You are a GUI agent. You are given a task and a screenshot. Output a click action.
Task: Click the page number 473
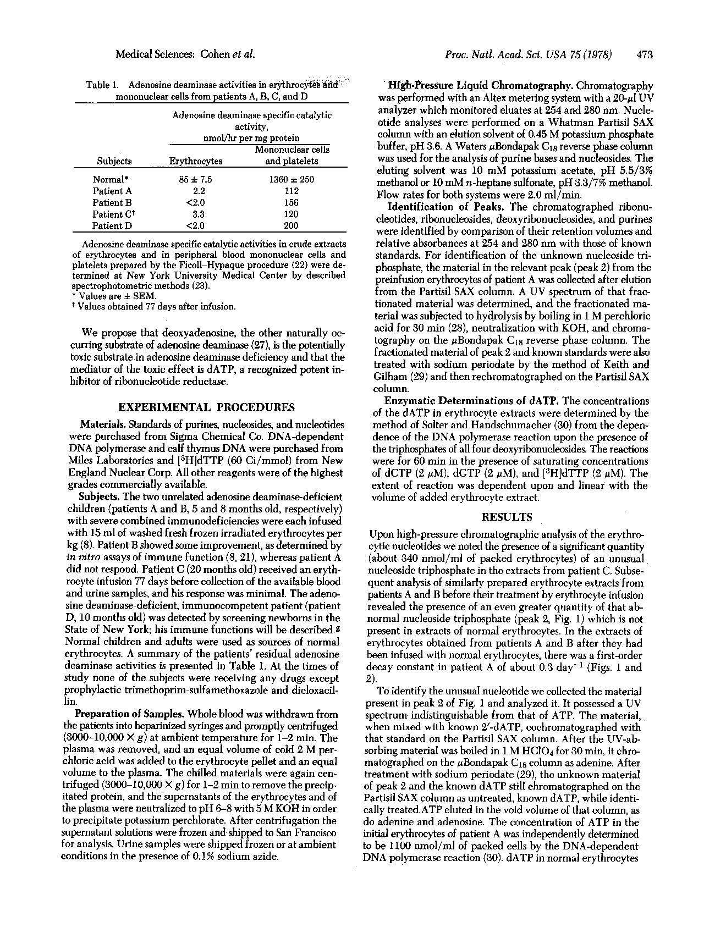pos(645,54)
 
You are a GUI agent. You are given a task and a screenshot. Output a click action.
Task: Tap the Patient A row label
pos(112,191)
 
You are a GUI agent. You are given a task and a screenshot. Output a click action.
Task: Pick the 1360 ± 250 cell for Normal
pos(291,179)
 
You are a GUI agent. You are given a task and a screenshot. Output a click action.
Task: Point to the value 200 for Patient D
pos(291,225)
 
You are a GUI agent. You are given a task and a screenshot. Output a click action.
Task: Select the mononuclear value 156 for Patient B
pos(291,202)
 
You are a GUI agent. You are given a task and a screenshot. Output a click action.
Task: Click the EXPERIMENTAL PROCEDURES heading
pos(207,407)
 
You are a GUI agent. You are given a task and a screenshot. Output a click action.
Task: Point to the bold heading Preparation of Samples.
pos(130,714)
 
